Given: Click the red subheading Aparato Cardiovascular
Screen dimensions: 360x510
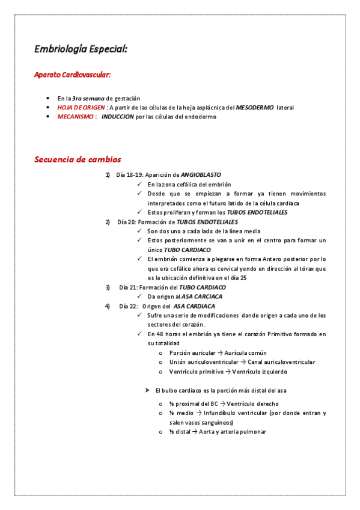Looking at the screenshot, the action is pyautogui.click(x=72, y=75).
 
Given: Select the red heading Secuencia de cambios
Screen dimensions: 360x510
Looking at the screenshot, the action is pyautogui.click(x=78, y=159).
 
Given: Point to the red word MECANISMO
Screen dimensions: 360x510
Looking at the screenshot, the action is pyautogui.click(x=75, y=117).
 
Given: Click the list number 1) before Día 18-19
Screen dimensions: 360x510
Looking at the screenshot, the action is pyautogui.click(x=108, y=175).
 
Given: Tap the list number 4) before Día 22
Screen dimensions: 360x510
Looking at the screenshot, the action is pyautogui.click(x=108, y=306).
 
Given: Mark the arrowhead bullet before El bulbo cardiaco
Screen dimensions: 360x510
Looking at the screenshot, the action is pyautogui.click(x=147, y=390).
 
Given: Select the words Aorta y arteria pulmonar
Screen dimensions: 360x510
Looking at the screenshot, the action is pyautogui.click(x=234, y=432).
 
